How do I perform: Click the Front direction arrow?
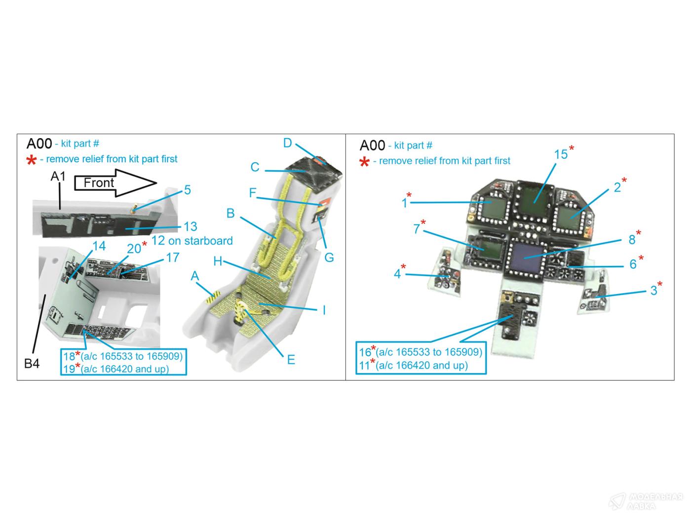click(x=115, y=183)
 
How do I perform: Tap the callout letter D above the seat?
click(x=287, y=143)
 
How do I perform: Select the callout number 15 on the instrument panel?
click(x=561, y=154)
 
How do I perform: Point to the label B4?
click(x=32, y=364)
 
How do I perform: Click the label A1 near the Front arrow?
click(x=58, y=176)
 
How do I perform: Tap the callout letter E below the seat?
click(x=291, y=360)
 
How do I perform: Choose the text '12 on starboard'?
click(x=192, y=241)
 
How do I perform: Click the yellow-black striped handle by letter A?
click(x=213, y=297)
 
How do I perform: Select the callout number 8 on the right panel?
click(x=632, y=240)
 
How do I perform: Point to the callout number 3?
click(x=654, y=290)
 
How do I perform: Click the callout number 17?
click(x=173, y=258)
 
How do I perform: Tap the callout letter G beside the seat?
click(x=329, y=258)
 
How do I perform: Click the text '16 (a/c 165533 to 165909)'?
click(x=421, y=352)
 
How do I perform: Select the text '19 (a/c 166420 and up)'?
click(x=116, y=369)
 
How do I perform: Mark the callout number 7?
click(x=417, y=228)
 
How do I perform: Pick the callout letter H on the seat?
click(x=218, y=261)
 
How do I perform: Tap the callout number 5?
click(x=187, y=189)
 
